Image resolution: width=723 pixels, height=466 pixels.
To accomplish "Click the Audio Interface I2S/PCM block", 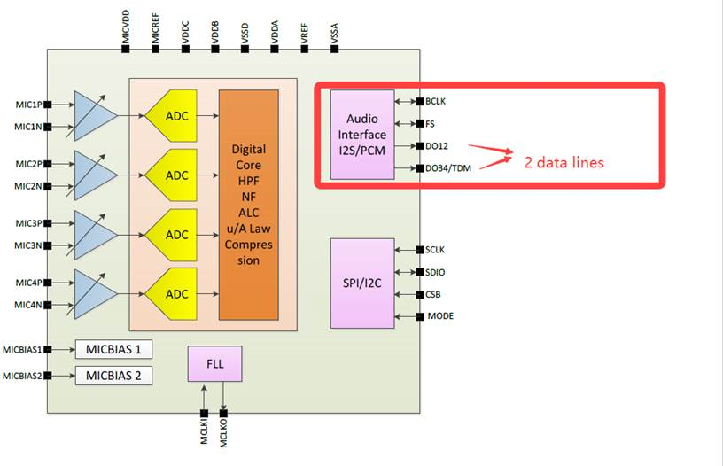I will [362, 134].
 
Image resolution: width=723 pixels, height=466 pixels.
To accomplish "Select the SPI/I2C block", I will [362, 283].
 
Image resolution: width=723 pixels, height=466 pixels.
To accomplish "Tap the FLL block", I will [214, 364].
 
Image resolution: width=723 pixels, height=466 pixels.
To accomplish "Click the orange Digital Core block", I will [248, 205].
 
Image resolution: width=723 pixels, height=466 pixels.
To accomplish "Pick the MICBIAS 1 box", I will [113, 349].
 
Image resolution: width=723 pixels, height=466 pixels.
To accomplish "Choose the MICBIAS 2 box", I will [113, 376].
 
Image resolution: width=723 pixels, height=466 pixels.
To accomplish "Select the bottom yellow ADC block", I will [177, 294].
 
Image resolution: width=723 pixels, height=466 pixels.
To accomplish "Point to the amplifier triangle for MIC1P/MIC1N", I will [94, 115].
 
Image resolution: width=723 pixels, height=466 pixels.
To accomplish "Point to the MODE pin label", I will [442, 316].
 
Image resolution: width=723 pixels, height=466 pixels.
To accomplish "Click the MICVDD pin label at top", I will [126, 24].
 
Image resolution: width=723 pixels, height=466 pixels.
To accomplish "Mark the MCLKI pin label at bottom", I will [204, 435].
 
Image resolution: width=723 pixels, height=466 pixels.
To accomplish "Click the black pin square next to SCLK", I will [420, 250].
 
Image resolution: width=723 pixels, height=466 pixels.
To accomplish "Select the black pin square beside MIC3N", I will [48, 245].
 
